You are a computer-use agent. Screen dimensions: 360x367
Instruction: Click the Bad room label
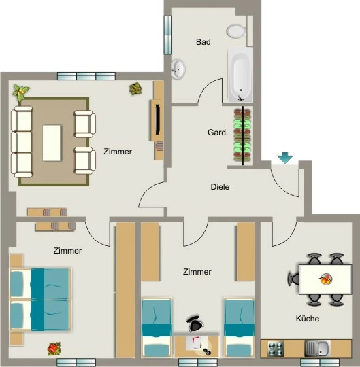coord(203,42)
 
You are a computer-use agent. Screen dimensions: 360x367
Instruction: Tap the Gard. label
coord(218,133)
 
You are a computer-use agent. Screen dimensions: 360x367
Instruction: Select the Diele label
coord(220,187)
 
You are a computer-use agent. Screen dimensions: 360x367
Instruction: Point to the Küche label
coord(308,318)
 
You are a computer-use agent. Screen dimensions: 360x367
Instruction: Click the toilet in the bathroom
coord(236,31)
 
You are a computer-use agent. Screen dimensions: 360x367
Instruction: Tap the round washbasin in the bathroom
coord(178,69)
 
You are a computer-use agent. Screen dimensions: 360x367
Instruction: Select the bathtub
coord(240,75)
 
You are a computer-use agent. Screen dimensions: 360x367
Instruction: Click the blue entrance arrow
coord(284,158)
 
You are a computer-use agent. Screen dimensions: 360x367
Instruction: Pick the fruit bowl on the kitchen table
coord(325,279)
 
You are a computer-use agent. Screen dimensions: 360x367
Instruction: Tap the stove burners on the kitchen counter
coord(276,349)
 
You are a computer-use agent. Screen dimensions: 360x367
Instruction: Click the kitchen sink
coord(318,349)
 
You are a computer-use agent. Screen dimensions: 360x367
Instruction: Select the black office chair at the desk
coord(195,324)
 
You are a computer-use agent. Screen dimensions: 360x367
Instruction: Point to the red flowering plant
coord(54,349)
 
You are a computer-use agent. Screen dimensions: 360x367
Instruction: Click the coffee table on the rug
coord(51,143)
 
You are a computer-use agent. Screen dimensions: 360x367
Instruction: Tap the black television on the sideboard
coord(158,120)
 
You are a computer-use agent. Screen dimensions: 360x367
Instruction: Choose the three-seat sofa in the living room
coord(22,142)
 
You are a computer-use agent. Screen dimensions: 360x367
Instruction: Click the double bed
coord(40,300)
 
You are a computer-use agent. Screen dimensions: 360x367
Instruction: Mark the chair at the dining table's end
coord(293,279)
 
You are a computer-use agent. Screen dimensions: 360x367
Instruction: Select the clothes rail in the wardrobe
coord(243,136)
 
